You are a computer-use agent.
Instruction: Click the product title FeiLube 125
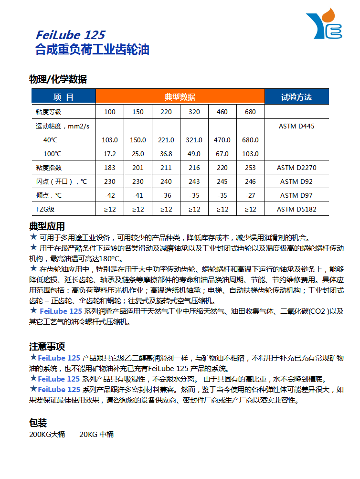click(x=70, y=35)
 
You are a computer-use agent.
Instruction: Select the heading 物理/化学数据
click(x=58, y=79)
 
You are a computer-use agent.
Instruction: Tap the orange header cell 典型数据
click(x=180, y=97)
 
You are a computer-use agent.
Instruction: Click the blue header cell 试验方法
click(x=296, y=97)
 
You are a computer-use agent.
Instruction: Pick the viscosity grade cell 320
click(x=194, y=112)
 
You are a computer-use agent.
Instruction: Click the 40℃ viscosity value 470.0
click(x=222, y=140)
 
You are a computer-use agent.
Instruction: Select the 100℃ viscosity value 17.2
click(x=110, y=154)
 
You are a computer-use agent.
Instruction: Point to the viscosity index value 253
click(x=250, y=168)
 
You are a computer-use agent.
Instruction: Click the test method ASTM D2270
click(x=296, y=168)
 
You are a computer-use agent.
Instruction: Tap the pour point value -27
click(x=250, y=195)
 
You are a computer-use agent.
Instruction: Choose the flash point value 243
click(x=194, y=181)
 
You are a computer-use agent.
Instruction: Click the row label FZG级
click(x=45, y=209)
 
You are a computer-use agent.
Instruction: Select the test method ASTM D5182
click(x=296, y=209)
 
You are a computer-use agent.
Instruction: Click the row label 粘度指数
click(x=49, y=168)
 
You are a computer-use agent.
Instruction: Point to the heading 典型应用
click(x=47, y=226)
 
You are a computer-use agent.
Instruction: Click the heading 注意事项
click(x=47, y=347)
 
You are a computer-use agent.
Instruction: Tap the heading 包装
click(x=38, y=423)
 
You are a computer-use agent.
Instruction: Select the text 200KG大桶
click(x=47, y=435)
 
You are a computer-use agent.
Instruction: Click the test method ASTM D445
click(x=296, y=127)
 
